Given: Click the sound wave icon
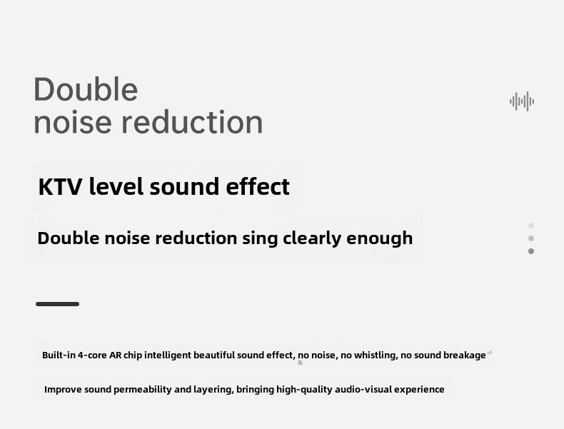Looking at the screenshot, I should [x=522, y=101].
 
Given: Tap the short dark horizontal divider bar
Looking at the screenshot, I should [x=57, y=304].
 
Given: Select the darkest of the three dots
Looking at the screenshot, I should [x=531, y=251].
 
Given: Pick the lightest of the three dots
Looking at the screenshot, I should [x=531, y=226].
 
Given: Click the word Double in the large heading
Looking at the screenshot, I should [x=86, y=90].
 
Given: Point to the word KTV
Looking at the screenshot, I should [x=61, y=187].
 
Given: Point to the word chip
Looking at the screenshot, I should [x=133, y=355].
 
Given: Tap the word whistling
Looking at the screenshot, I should [x=374, y=355].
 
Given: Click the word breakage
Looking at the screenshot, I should [x=465, y=355].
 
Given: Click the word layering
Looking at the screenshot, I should [x=211, y=390].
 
